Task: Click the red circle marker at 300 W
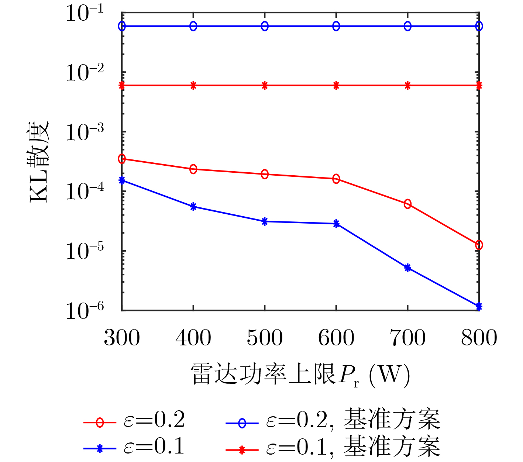pyautogui.click(x=122, y=159)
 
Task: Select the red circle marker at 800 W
pyautogui.click(x=479, y=245)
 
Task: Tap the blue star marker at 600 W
pyautogui.click(x=336, y=224)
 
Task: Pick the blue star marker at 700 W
pyautogui.click(x=407, y=268)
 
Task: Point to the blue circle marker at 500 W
pyautogui.click(x=265, y=26)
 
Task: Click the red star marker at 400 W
pyautogui.click(x=193, y=86)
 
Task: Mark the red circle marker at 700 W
pyautogui.click(x=407, y=204)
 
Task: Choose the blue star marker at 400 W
pyautogui.click(x=193, y=207)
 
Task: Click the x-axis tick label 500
pyautogui.click(x=265, y=338)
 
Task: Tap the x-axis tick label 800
pyautogui.click(x=479, y=338)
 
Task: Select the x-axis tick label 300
pyautogui.click(x=122, y=338)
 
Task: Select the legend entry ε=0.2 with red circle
pyautogui.click(x=135, y=421)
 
